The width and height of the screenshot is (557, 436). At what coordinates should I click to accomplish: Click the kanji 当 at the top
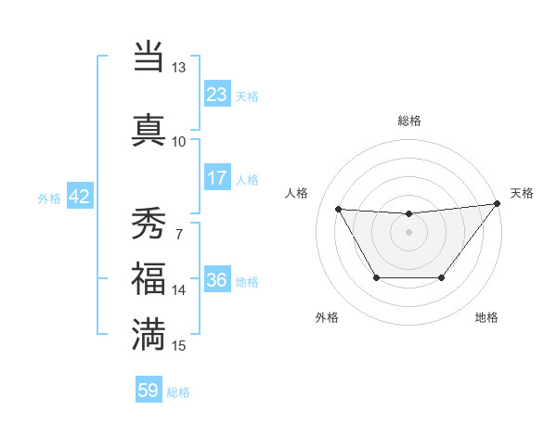pyautogui.click(x=149, y=58)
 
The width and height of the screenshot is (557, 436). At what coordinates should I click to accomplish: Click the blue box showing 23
pyautogui.click(x=217, y=95)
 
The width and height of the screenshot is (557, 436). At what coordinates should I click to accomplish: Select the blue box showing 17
pyautogui.click(x=217, y=178)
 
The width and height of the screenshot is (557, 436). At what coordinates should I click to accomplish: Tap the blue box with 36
pyautogui.click(x=217, y=281)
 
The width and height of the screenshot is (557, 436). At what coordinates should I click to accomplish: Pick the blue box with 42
pyautogui.click(x=79, y=197)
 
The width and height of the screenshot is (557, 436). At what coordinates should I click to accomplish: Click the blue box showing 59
pyautogui.click(x=149, y=391)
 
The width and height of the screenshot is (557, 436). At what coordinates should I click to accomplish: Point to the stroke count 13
pyautogui.click(x=178, y=69)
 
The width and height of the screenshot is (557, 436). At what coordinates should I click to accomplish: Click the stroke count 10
pyautogui.click(x=178, y=141)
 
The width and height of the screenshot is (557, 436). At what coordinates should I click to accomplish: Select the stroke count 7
pyautogui.click(x=178, y=233)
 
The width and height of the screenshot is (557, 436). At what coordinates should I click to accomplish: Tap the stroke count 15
pyautogui.click(x=178, y=345)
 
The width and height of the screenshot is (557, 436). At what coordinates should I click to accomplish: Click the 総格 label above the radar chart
pyautogui.click(x=409, y=121)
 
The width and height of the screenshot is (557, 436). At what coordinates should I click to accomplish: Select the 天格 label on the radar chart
pyautogui.click(x=522, y=193)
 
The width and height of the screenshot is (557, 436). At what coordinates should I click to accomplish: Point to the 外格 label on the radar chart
pyautogui.click(x=327, y=317)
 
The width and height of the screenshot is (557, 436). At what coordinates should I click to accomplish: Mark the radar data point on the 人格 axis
pyautogui.click(x=338, y=209)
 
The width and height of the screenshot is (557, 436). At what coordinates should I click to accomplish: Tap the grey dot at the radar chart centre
pyautogui.click(x=408, y=232)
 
